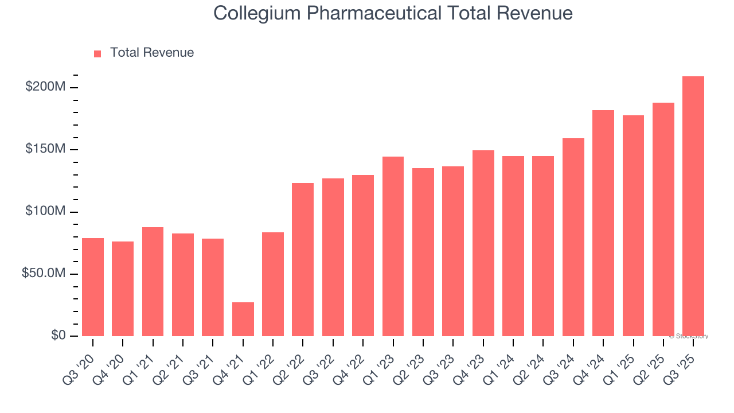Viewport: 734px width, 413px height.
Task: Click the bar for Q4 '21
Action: pos(243,319)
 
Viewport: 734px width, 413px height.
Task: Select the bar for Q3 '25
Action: pos(693,206)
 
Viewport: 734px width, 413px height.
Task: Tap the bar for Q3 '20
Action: pos(93,287)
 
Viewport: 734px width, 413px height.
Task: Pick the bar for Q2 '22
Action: pos(303,259)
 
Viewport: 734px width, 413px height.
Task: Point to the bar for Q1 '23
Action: pos(393,246)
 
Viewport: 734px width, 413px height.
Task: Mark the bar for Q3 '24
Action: pos(573,237)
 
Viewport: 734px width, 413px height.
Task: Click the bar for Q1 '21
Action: pos(153,282)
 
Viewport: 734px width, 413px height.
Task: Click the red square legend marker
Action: pos(97,53)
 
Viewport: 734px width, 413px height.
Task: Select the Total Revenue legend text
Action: pos(152,53)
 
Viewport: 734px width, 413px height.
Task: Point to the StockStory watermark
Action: pos(689,336)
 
